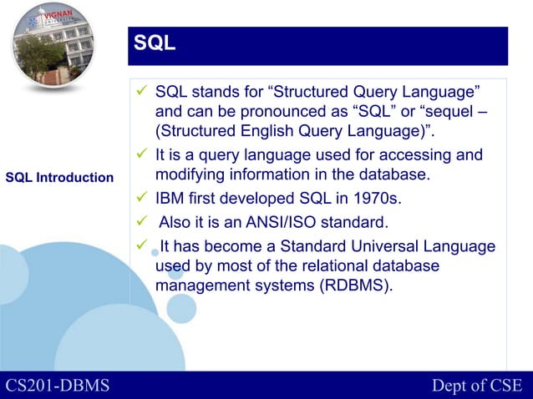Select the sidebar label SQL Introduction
(59, 178)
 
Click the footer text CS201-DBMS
(58, 385)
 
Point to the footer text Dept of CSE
(476, 385)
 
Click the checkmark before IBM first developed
(140, 199)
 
